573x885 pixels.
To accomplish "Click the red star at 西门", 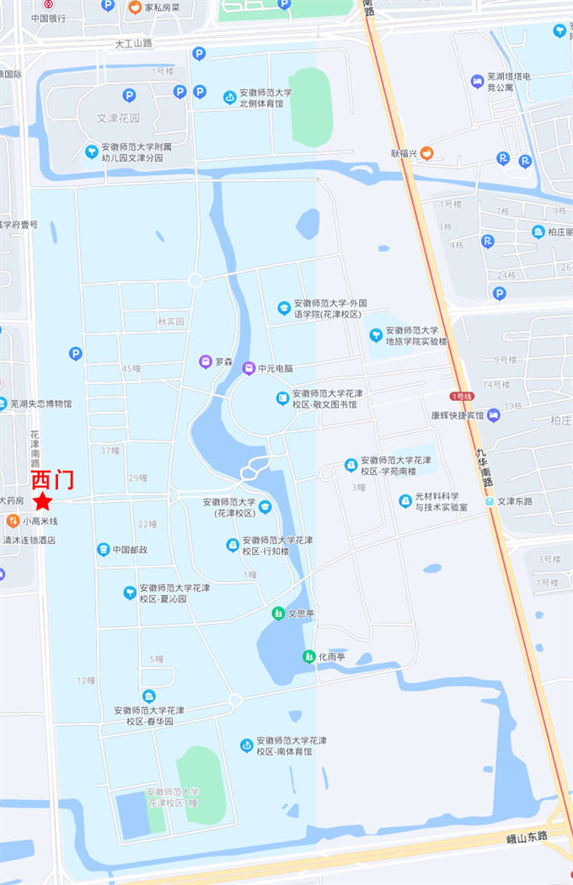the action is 42,502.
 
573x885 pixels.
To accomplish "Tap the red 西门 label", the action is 52,480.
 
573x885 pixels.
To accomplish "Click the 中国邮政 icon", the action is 103,550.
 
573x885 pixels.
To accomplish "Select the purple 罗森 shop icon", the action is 206,362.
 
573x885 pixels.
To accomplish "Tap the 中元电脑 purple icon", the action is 249,368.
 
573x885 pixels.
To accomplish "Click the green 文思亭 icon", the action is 278,614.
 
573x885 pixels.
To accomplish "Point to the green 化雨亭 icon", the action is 308,656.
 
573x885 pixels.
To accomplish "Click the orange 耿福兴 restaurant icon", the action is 427,153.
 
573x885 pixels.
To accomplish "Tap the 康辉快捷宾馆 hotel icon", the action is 494,414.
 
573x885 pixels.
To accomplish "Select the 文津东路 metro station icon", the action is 490,501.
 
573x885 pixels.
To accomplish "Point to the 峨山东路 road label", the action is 527,836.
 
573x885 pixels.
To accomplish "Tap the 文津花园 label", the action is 118,118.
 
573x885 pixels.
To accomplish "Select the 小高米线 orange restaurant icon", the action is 13,521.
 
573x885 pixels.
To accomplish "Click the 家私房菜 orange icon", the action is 135,8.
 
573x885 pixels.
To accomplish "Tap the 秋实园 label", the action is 170,322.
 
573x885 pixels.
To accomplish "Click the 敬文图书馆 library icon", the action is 283,398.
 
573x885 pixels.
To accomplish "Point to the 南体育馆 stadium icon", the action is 247,745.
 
